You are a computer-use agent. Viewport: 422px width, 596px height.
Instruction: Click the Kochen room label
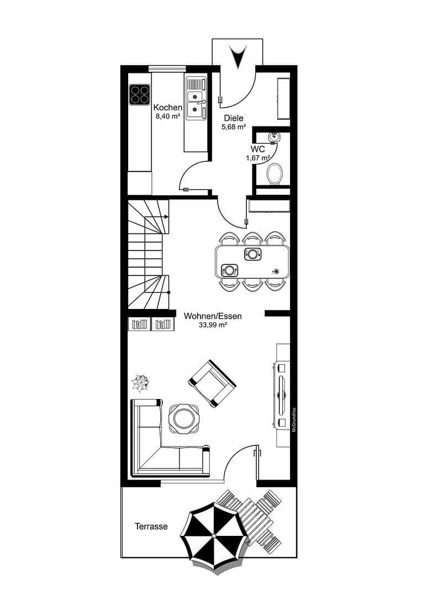168,108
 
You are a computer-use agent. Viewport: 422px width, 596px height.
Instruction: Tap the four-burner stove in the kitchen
140,94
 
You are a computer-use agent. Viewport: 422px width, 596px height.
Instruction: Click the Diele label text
233,118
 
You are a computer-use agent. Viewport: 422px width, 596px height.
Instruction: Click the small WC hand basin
275,137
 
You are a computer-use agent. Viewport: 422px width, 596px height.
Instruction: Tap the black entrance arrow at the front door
238,57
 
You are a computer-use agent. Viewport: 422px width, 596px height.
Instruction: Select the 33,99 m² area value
213,326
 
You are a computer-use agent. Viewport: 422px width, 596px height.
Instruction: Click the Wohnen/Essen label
213,317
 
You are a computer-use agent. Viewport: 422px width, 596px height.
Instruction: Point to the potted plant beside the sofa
141,382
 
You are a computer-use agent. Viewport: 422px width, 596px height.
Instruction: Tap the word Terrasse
151,527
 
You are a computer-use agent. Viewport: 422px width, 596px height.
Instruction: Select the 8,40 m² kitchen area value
168,116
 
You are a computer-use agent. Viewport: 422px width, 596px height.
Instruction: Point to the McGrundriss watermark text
294,419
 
